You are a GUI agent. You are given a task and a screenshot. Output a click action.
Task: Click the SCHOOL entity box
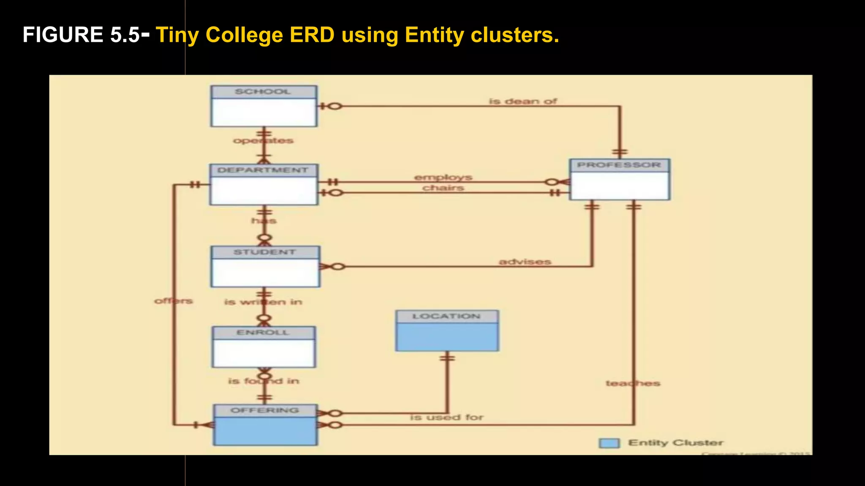pos(264,106)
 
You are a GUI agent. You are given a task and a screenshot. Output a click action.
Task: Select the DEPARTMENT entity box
pos(264,185)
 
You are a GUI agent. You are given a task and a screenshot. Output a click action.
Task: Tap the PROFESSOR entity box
pos(619,179)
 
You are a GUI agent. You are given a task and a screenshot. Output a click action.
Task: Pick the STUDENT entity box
pos(265,267)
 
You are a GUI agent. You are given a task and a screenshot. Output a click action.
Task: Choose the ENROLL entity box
pos(264,347)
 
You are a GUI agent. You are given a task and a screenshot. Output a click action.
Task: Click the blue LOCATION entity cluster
pos(447,331)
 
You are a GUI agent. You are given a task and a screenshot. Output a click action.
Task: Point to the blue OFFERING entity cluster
pos(265,425)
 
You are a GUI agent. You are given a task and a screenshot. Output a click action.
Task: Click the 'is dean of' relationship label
pos(523,101)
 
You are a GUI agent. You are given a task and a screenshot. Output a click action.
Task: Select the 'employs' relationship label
pos(443,177)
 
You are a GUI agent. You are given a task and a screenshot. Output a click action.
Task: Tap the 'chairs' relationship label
pos(443,188)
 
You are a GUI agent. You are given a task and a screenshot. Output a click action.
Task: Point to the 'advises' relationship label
pos(525,262)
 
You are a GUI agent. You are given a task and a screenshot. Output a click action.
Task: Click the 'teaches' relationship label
pos(633,383)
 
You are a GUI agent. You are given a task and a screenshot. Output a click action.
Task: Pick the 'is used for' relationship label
pos(447,417)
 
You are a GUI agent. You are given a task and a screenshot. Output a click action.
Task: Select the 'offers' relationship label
pos(174,301)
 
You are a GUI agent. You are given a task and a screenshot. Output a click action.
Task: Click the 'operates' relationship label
pos(263,140)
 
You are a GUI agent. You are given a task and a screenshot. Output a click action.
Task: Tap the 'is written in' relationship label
pos(263,302)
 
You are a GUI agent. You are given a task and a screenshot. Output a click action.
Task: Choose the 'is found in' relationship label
pos(264,381)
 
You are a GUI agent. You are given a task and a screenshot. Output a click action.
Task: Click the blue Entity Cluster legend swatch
pos(609,443)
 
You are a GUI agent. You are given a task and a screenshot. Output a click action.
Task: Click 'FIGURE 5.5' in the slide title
pos(81,35)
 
